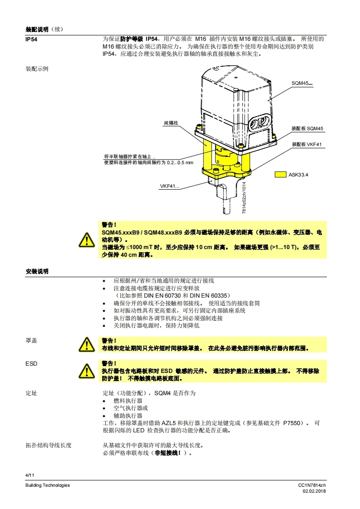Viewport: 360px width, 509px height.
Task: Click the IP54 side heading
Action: pyautogui.click(x=31, y=39)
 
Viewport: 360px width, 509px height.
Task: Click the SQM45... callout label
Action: pyautogui.click(x=302, y=83)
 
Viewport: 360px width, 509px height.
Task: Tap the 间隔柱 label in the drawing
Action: pyautogui.click(x=171, y=123)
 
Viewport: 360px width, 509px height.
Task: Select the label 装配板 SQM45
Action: pyautogui.click(x=307, y=128)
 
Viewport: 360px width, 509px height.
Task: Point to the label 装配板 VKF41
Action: pyautogui.click(x=307, y=144)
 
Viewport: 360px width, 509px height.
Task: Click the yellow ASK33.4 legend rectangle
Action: pyautogui.click(x=281, y=174)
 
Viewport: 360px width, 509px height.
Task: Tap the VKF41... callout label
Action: pyautogui.click(x=169, y=186)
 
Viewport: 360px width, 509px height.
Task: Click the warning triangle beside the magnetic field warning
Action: pyautogui.click(x=86, y=240)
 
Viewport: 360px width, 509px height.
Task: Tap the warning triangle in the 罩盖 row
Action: pyautogui.click(x=86, y=344)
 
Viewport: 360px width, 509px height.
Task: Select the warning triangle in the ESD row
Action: pyautogui.click(x=86, y=371)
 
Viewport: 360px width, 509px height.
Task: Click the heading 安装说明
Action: pyautogui.click(x=37, y=271)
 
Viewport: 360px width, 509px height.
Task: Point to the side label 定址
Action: pyautogui.click(x=31, y=393)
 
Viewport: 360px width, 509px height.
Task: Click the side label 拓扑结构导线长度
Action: pyautogui.click(x=49, y=445)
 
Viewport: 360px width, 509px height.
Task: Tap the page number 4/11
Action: pyautogui.click(x=30, y=475)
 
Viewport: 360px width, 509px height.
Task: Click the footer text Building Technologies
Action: pyautogui.click(x=48, y=485)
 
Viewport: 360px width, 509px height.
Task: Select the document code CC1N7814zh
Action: pyautogui.click(x=312, y=485)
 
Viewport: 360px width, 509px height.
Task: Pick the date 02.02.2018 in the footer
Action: pyautogui.click(x=314, y=491)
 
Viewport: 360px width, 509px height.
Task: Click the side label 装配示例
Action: pyautogui.click(x=37, y=69)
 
